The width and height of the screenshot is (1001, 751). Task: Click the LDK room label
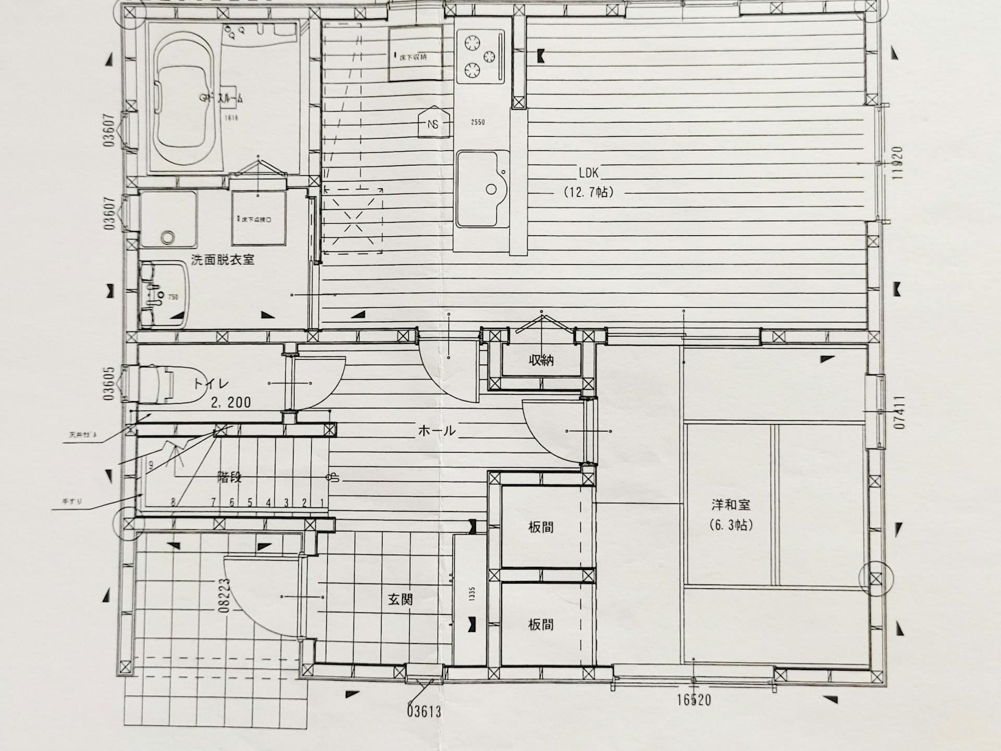(589, 173)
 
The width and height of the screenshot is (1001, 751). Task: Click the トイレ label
(211, 384)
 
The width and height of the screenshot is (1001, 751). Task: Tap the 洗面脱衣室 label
(223, 259)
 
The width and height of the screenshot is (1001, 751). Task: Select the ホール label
(437, 431)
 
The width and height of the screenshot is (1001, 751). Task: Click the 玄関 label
(400, 599)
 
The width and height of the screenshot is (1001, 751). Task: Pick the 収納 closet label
(541, 360)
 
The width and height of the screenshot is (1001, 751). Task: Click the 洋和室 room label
(730, 505)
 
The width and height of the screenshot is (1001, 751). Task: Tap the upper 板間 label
(541, 527)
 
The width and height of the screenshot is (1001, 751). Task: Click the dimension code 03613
(424, 710)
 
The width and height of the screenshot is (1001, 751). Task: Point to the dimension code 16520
(694, 699)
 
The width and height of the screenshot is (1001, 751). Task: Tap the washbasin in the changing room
(163, 295)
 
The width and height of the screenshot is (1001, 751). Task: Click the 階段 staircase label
(229, 477)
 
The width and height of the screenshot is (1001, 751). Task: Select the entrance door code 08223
(225, 595)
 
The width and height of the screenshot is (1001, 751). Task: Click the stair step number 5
(250, 503)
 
